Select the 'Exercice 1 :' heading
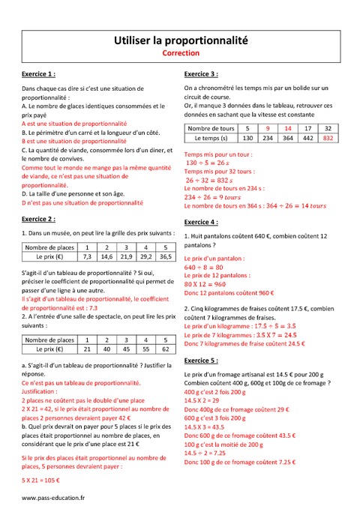click(38, 75)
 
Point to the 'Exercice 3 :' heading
click(201, 75)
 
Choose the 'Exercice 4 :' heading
click(201, 223)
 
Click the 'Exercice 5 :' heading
click(201, 361)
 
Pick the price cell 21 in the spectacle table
click(86, 349)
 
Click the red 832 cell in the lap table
click(327, 138)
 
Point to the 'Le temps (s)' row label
click(211, 138)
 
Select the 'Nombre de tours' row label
click(211, 128)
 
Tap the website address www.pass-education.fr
click(53, 497)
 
